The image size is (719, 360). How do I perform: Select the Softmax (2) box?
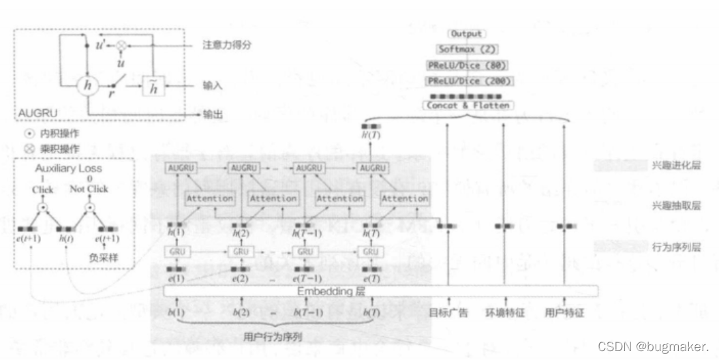tap(467, 49)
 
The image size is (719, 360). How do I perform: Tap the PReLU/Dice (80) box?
tap(468, 65)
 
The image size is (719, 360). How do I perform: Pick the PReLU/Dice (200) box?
tap(468, 81)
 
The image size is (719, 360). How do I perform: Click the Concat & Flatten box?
tap(468, 106)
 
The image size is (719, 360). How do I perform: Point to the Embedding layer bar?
tap(382, 291)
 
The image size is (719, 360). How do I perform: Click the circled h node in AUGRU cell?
tap(87, 85)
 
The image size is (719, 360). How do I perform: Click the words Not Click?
tap(89, 187)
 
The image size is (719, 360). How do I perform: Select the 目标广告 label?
tap(448, 314)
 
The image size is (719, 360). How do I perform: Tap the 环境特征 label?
tap(504, 314)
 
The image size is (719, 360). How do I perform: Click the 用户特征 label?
tap(564, 314)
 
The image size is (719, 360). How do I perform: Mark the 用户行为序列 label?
tap(272, 336)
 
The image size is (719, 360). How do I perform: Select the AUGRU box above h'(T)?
tap(373, 168)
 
